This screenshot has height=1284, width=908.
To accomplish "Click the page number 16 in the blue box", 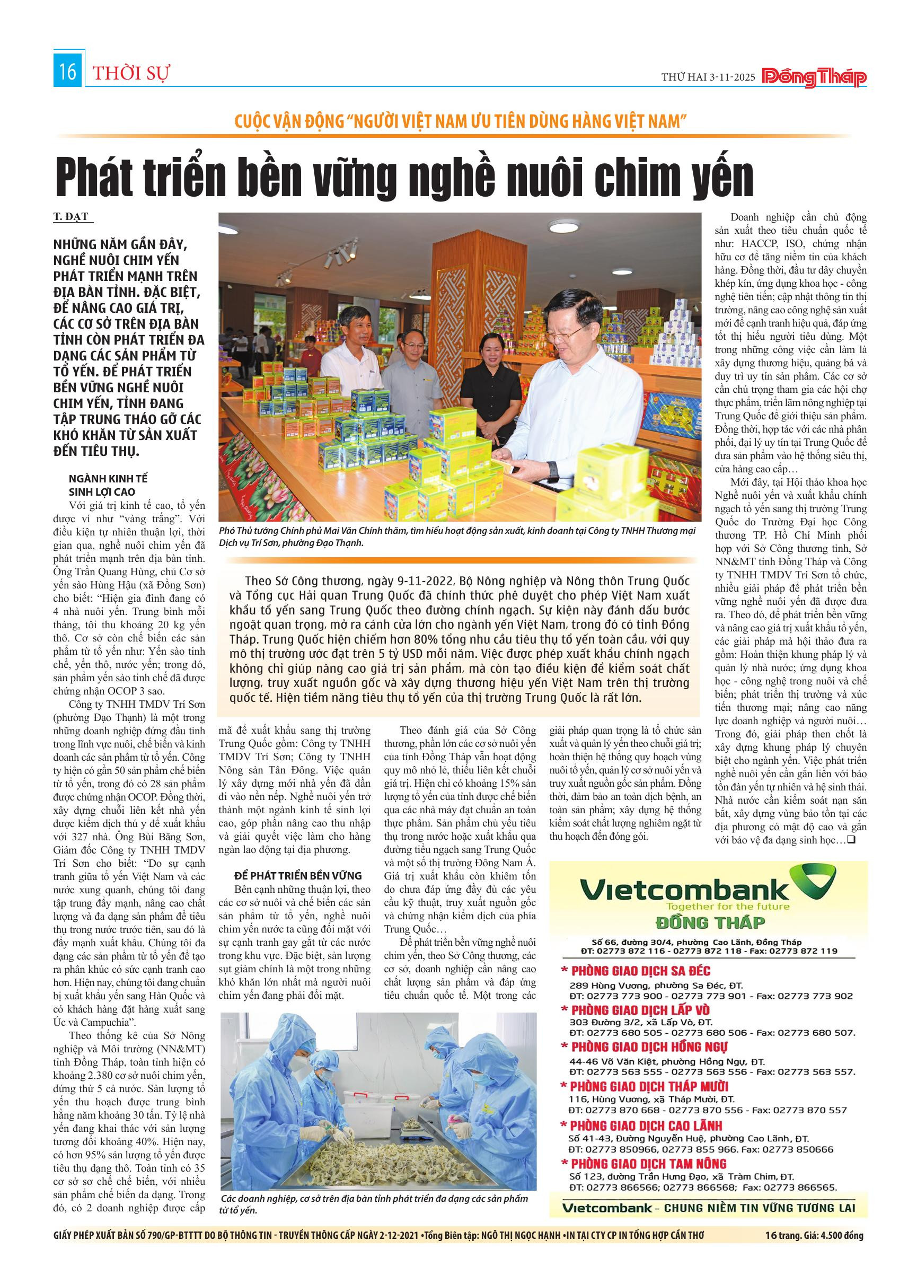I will pyautogui.click(x=68, y=72).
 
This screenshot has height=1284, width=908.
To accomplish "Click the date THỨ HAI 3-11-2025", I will pyautogui.click(x=708, y=77).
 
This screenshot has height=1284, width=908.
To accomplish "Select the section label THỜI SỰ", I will pyautogui.click(x=131, y=74).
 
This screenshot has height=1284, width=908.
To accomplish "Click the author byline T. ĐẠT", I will pyautogui.click(x=70, y=216).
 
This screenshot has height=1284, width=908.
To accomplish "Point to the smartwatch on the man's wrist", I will pyautogui.click(x=553, y=470).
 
